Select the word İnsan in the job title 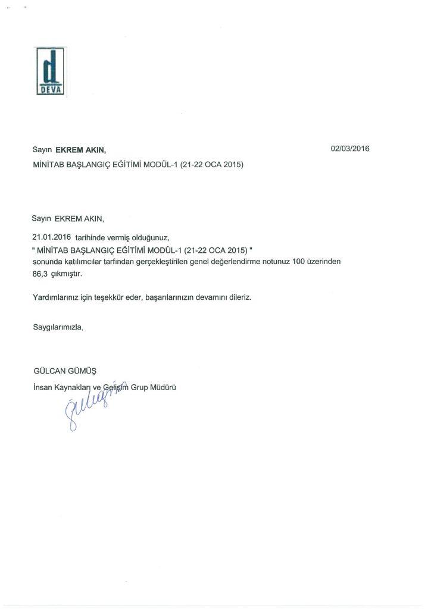[43, 387]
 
